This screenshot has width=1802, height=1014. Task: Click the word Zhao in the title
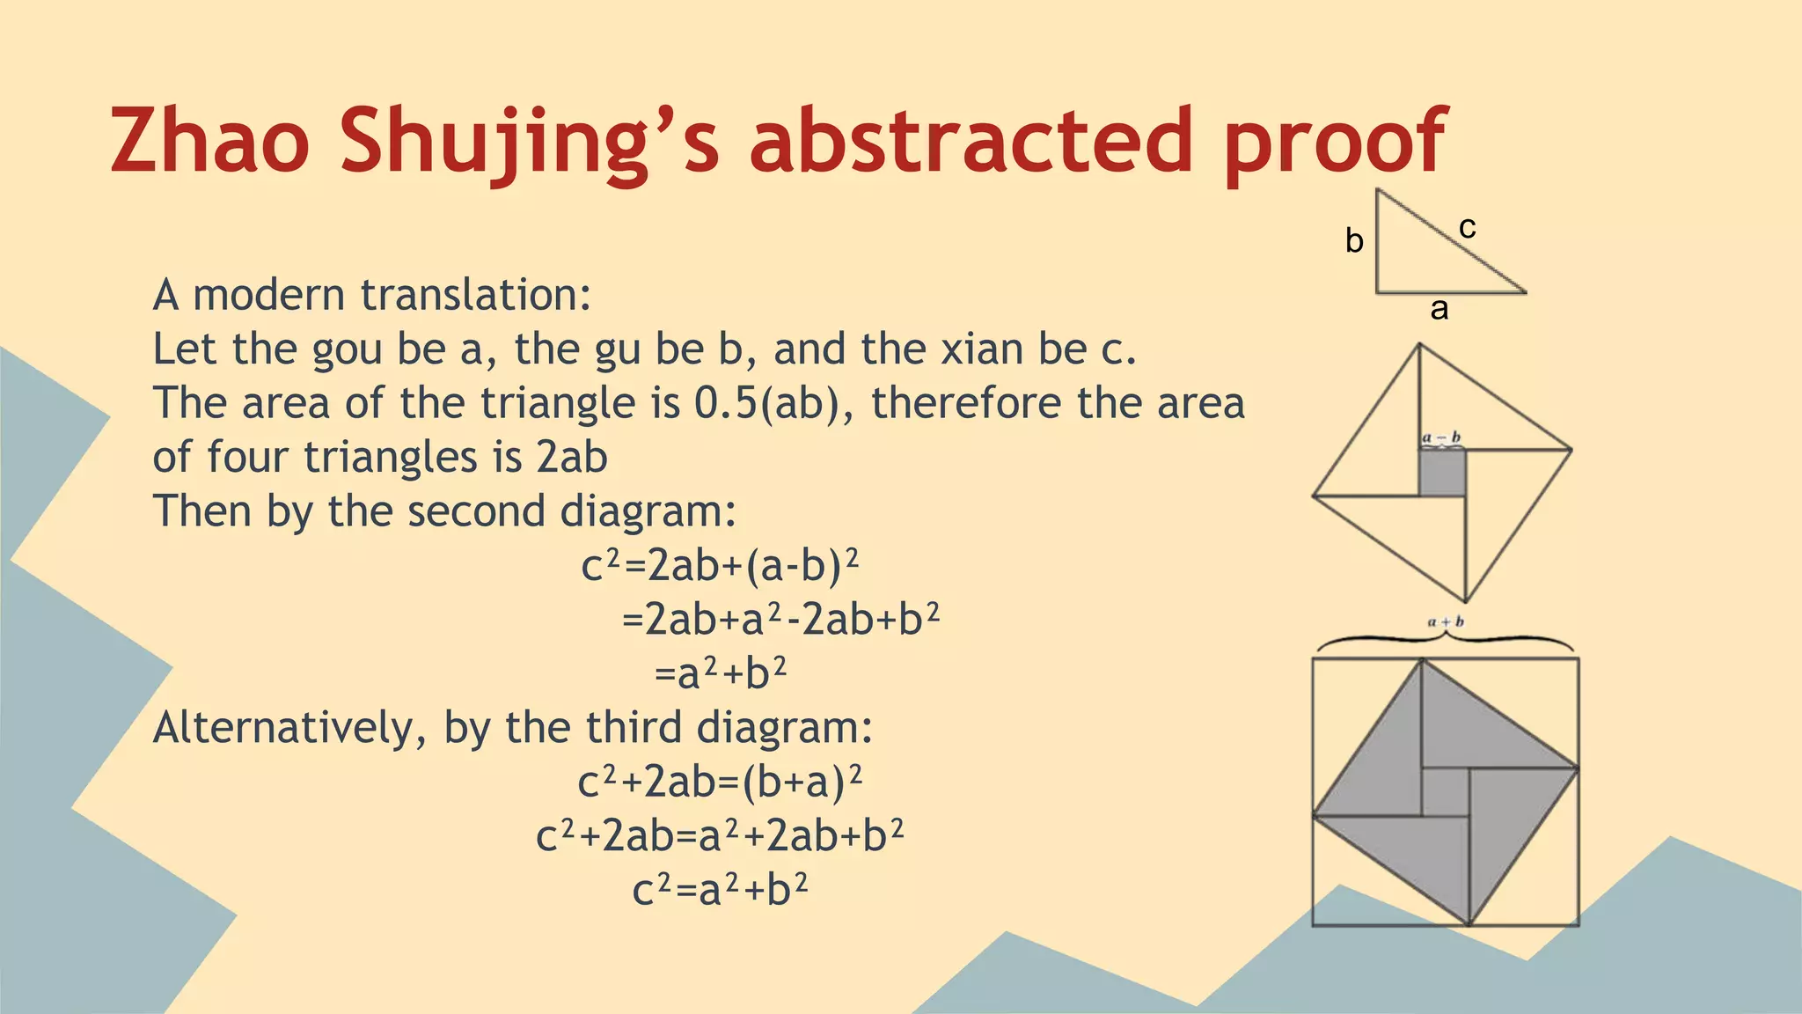coord(209,141)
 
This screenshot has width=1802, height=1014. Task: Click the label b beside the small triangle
coord(1354,240)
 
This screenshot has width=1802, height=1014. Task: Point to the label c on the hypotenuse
coord(1467,227)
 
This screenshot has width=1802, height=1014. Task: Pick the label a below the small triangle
coord(1439,308)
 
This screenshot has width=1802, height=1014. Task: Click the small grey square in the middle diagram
coord(1441,473)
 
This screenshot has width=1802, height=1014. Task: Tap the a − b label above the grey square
coord(1442,437)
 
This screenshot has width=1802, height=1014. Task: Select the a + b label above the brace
coord(1446,621)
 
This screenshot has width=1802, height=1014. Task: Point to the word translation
coord(476,295)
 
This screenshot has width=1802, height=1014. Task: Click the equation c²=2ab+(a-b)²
coord(720,566)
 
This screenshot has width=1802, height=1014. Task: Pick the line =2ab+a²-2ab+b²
coord(780,620)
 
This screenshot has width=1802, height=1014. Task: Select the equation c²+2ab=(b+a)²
coord(720,782)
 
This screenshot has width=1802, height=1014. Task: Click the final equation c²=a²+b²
coord(720,890)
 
